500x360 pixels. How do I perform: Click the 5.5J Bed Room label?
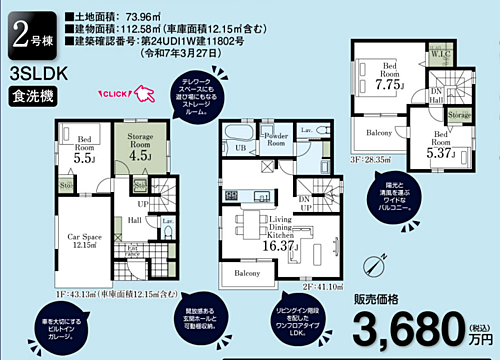[x=84, y=150]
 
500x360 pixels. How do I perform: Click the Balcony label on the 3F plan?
[x=376, y=132]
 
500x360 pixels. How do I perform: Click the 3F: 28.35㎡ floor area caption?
[x=373, y=158]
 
